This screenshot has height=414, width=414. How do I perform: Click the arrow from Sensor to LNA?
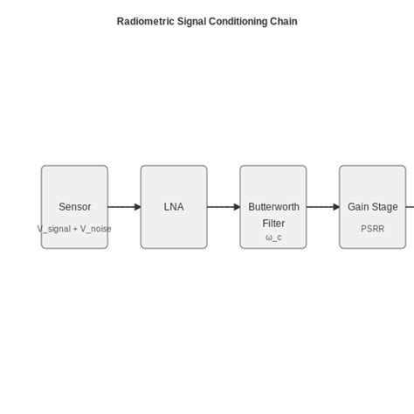(124, 207)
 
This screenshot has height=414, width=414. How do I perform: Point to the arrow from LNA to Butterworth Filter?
(224, 207)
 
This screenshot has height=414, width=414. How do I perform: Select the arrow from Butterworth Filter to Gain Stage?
(323, 207)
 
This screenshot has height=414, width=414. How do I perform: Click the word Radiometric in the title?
(144, 21)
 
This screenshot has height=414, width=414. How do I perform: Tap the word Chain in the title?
(284, 21)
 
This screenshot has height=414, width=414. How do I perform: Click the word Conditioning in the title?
(238, 21)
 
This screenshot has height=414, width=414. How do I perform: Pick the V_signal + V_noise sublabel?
(74, 229)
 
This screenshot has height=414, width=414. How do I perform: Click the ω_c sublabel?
(273, 237)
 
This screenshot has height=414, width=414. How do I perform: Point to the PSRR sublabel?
(372, 229)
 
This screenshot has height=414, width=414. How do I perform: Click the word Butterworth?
(273, 207)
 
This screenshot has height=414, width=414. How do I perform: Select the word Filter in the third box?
(273, 223)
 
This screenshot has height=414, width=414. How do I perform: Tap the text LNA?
(174, 207)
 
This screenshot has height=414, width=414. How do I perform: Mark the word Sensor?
(74, 207)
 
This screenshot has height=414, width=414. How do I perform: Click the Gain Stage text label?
(372, 207)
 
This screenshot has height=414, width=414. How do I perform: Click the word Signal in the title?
(190, 21)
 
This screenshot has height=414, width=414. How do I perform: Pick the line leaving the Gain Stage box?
(410, 207)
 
